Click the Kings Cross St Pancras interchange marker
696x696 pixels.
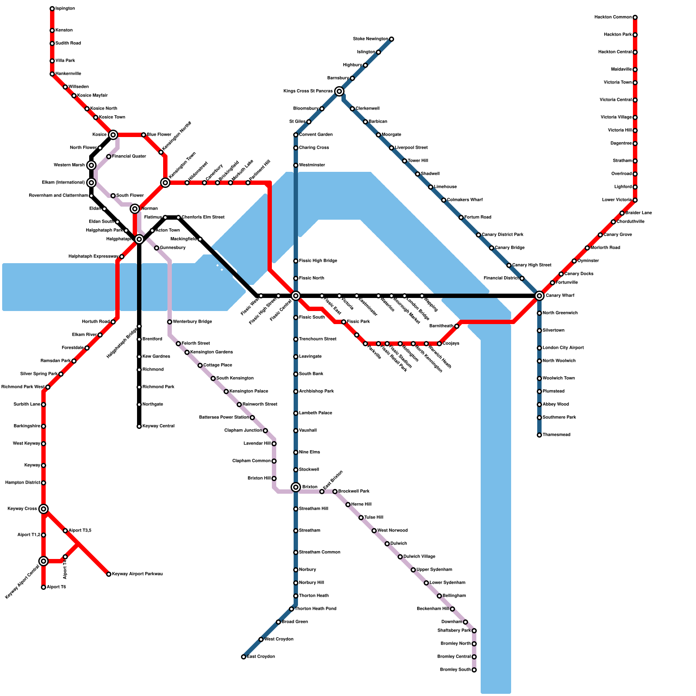click(339, 91)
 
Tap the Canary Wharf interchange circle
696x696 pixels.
click(539, 296)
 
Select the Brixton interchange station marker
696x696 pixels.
click(296, 487)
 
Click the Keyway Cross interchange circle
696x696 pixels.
click(43, 509)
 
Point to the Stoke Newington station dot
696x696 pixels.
click(391, 39)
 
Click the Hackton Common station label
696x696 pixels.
click(613, 17)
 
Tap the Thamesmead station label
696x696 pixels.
click(556, 435)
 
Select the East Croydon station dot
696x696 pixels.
click(244, 657)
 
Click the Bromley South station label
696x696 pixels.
click(455, 670)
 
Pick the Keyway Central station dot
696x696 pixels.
click(139, 426)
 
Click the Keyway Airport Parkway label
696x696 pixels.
click(137, 574)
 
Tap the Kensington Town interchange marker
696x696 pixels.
click(165, 183)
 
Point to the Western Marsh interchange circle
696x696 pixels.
click(91, 165)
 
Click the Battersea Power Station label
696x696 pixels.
click(224, 418)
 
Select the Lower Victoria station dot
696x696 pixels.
click(635, 200)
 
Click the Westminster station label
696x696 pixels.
click(312, 165)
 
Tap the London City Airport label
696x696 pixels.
click(563, 348)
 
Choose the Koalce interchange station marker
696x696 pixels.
click(113, 135)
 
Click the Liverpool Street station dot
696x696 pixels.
click(391, 148)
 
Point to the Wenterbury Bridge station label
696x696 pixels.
click(192, 322)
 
